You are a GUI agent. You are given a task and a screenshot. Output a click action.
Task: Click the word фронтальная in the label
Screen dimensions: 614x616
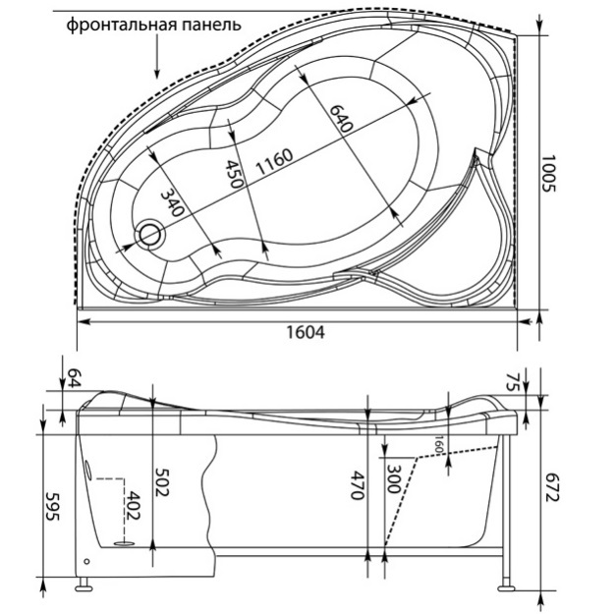tap(115, 26)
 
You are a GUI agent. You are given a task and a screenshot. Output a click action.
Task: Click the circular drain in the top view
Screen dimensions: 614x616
tap(151, 234)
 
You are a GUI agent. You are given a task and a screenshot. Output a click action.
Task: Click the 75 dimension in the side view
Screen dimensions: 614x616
tap(538, 380)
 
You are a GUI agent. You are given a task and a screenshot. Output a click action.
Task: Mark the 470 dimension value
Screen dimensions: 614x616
tap(358, 484)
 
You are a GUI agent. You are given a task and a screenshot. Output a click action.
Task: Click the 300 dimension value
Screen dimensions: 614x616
tap(393, 480)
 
